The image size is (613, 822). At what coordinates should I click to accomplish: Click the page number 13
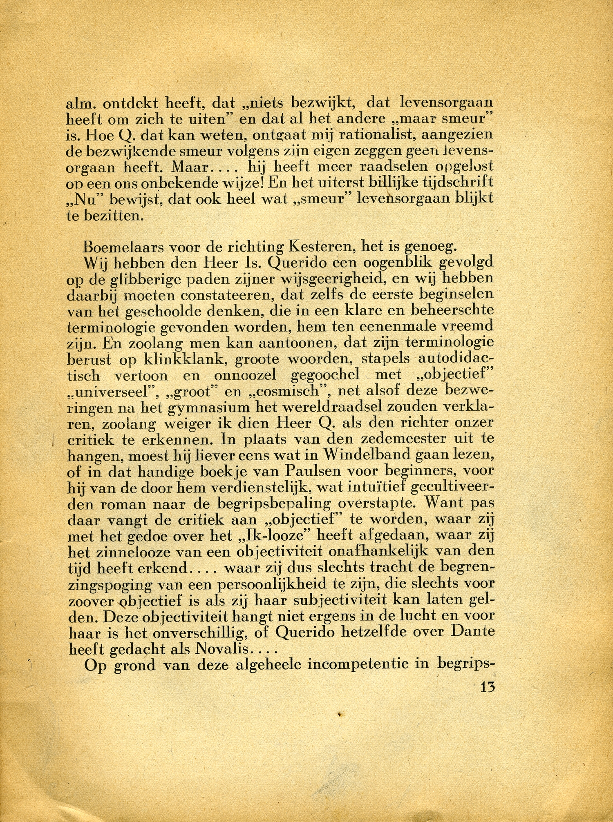tap(488, 686)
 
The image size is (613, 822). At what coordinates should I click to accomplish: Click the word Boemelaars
tap(122, 247)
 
